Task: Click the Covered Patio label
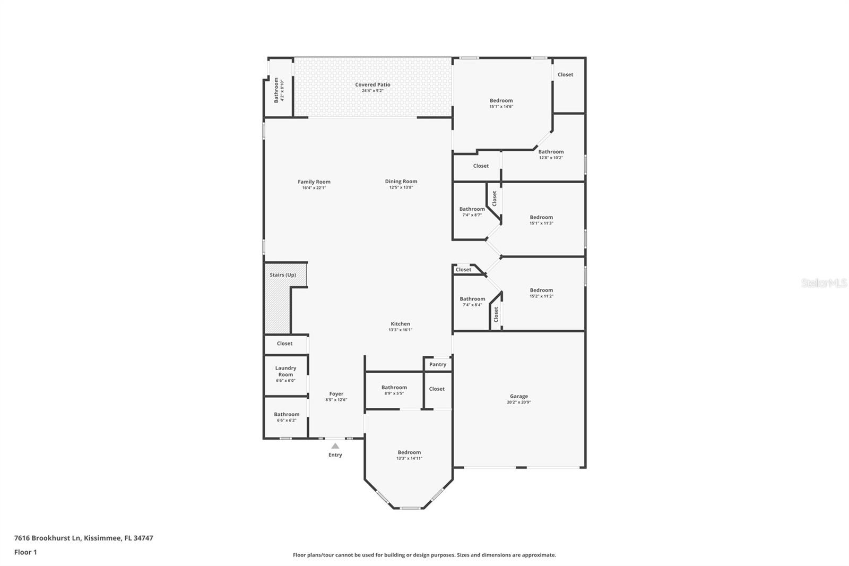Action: [372, 84]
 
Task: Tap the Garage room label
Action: [519, 396]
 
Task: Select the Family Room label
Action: [314, 182]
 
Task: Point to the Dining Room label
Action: [401, 182]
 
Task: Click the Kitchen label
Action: [400, 323]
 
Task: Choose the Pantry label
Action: [438, 364]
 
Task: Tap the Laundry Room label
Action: [285, 371]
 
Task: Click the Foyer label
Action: [336, 394]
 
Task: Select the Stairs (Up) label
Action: [283, 275]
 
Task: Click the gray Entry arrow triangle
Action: [335, 446]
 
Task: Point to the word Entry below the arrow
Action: [335, 455]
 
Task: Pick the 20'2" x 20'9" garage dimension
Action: [519, 402]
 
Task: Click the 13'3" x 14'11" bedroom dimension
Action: [409, 458]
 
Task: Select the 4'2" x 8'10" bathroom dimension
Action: [282, 90]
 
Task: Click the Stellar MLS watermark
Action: [824, 282]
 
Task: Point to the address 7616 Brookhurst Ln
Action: [47, 538]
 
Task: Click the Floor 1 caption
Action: [25, 552]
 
